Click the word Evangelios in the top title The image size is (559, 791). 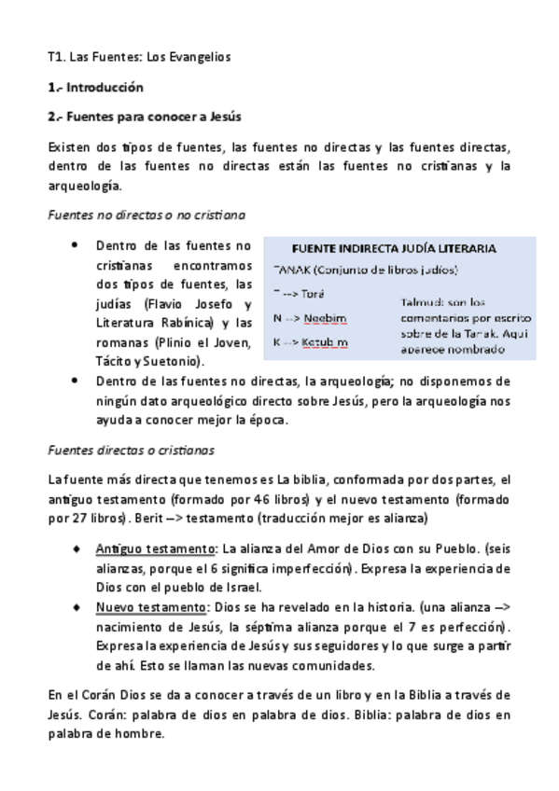pos(198,57)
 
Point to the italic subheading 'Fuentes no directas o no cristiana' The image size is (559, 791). pos(146,215)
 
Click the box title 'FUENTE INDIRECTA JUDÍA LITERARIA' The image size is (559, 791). pos(394,249)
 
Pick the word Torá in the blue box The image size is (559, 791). pos(312,294)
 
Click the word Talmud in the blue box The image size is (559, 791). pos(419,302)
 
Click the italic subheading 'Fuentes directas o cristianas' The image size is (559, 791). pos(130,450)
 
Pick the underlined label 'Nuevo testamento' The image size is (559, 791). pos(149,607)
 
